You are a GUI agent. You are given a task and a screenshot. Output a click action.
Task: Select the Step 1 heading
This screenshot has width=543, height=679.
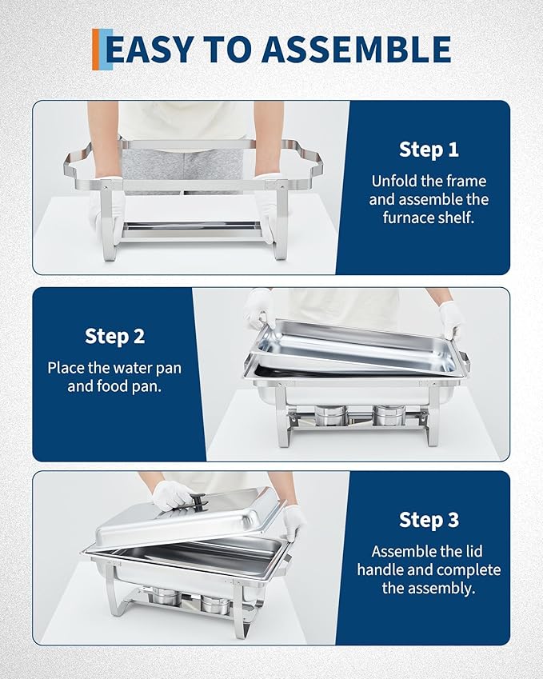429,150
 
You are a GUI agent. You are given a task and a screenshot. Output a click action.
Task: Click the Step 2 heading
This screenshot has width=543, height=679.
114,336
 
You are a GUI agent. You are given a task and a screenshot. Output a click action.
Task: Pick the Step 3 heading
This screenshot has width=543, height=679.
429,520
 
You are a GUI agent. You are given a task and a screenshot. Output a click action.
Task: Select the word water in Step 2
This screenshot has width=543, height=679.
146,368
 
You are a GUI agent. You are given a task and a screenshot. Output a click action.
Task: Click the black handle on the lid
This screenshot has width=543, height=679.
194,501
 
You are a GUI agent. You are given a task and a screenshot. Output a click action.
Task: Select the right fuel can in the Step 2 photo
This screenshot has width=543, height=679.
389,414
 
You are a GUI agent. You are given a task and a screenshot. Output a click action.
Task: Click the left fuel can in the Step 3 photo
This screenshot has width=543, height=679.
166,597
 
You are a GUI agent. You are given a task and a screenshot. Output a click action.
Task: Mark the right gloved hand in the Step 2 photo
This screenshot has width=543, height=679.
451,318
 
